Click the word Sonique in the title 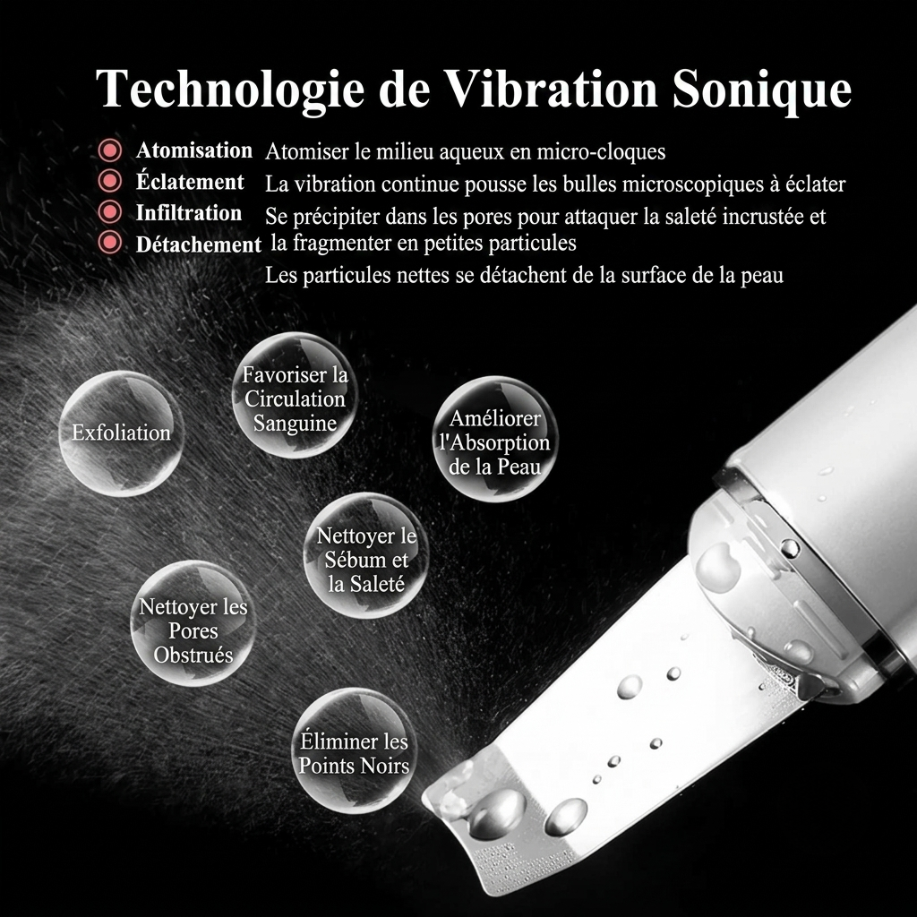[761, 90]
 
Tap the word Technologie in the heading [231, 90]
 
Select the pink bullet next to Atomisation [110, 150]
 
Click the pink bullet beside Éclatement [110, 181]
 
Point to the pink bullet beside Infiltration [110, 211]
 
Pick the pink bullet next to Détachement [110, 242]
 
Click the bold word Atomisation [194, 150]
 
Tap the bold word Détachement [199, 244]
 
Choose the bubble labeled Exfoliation [122, 433]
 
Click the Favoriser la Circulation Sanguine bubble [295, 395]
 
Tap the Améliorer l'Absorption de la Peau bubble [495, 439]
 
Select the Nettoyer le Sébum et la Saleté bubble [366, 555]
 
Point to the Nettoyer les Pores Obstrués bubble [193, 623]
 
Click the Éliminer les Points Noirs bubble [354, 751]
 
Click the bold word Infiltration [189, 213]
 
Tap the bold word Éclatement [190, 181]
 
